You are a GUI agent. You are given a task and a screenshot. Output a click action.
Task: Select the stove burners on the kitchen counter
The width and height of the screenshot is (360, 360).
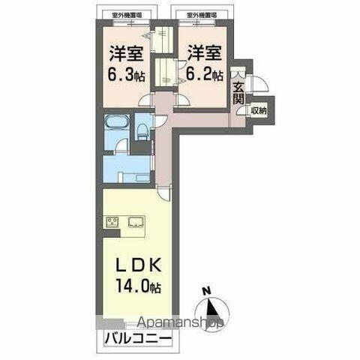112,222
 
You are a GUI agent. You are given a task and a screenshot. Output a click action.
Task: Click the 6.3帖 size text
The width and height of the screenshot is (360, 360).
127,75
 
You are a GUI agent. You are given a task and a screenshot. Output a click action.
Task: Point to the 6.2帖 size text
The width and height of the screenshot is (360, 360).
205,75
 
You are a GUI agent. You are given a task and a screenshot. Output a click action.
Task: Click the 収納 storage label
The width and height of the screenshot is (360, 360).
259,111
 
